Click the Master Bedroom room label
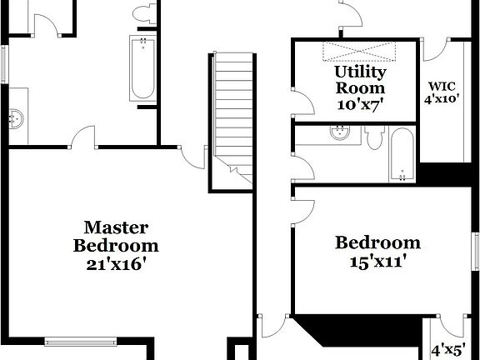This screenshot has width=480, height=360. [x=116, y=236]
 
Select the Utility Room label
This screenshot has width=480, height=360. [x=360, y=79]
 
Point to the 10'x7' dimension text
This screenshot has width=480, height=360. [x=360, y=104]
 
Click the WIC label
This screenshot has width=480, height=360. [x=442, y=86]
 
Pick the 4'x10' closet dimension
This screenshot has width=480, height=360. [x=442, y=99]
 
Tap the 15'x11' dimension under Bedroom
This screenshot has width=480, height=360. [x=377, y=261]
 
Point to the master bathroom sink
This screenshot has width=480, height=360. [x=16, y=118]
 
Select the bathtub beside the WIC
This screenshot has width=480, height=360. [x=402, y=154]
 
